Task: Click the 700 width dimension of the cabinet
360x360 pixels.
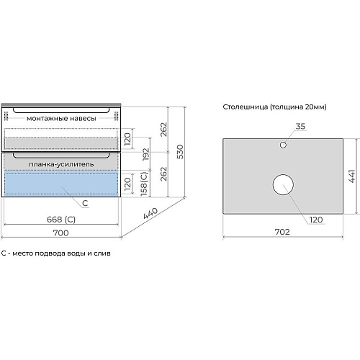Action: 60,233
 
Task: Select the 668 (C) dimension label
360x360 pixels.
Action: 61,220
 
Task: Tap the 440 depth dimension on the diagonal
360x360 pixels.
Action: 150,213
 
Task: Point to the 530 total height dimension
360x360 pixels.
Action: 180,152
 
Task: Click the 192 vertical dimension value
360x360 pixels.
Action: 146,154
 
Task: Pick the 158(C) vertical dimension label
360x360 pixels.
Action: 144,184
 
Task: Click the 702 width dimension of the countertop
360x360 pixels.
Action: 282,232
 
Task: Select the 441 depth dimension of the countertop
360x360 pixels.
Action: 351,176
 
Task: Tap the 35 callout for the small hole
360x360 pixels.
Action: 300,126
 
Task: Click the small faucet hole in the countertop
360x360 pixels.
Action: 283,145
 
